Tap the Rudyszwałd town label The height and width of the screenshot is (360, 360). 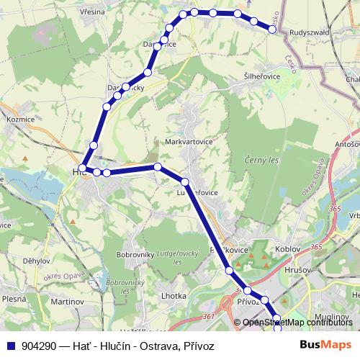[310, 32]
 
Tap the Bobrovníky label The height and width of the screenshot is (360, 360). [135, 255]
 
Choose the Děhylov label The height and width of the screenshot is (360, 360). [35, 261]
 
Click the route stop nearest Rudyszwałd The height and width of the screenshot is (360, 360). [273, 30]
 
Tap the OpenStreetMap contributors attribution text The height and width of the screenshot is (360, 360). [297, 323]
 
